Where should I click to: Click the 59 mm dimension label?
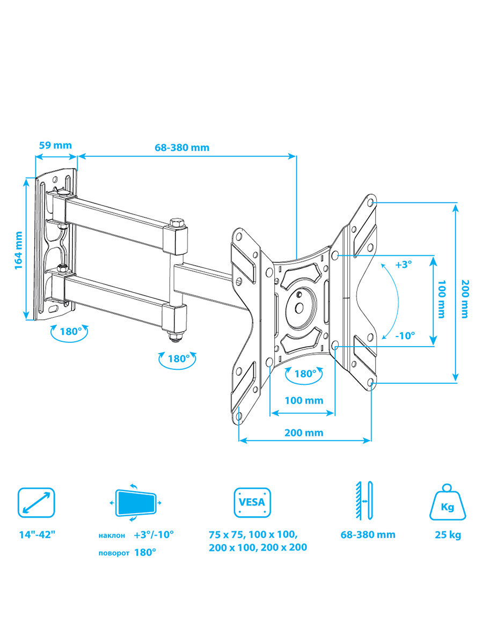[x=55, y=145]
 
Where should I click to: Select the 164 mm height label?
[x=18, y=250]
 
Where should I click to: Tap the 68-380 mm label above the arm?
[x=182, y=147]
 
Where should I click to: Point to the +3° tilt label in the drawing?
[x=404, y=265]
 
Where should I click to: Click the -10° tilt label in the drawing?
[x=405, y=335]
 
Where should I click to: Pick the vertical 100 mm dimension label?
[x=441, y=299]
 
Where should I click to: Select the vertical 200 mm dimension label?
[x=465, y=299]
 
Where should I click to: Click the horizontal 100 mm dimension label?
[x=304, y=400]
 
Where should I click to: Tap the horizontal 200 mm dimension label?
[x=304, y=433]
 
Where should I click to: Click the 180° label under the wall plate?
[x=70, y=332]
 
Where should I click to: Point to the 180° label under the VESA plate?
[x=305, y=374]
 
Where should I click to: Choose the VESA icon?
[x=252, y=502]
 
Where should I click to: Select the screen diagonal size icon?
[x=36, y=502]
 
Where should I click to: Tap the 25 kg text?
[x=448, y=535]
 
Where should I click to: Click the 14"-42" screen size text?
[x=37, y=535]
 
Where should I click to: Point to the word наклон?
[x=112, y=536]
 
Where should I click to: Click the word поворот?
[x=114, y=553]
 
